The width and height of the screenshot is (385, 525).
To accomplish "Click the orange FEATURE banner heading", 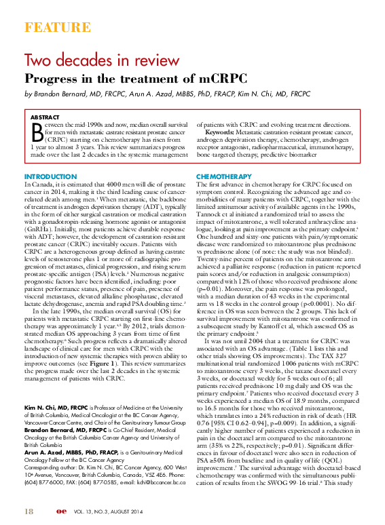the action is coord(57,28).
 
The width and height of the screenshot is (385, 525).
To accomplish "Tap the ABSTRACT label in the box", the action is coord(45,117).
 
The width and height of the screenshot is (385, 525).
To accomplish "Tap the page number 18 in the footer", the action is coord(29,510).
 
